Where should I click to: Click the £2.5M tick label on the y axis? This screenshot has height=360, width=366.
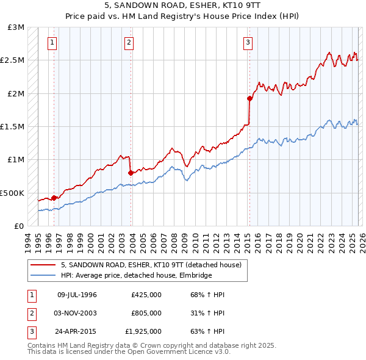point(12,60)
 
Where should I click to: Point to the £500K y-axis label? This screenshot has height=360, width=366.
point(12,193)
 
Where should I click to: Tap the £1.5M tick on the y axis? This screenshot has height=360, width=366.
point(12,127)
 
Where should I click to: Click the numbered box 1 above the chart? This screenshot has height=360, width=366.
point(52,43)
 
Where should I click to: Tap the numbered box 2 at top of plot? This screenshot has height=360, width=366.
point(129,43)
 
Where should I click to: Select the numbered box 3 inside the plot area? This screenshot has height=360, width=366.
point(248,43)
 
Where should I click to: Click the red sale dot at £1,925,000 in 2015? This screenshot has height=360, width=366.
point(249,98)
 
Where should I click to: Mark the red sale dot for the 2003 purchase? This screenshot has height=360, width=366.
point(131,173)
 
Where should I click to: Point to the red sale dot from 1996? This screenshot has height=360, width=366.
point(54,198)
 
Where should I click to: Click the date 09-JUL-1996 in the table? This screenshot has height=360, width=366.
point(77,295)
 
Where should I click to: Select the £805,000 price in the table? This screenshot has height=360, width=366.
point(146,313)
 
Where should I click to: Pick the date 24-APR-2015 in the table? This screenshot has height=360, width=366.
point(77,331)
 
